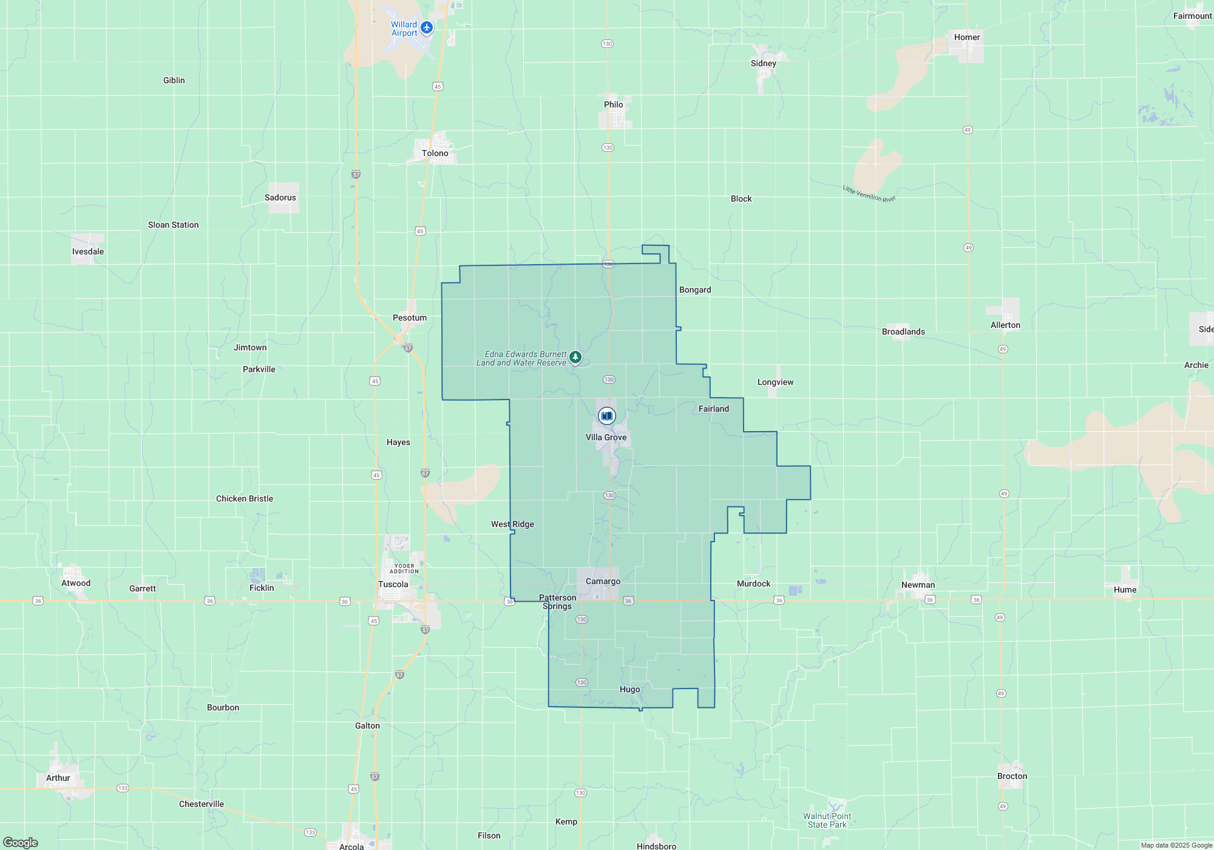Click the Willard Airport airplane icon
(427, 27)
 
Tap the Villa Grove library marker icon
(606, 416)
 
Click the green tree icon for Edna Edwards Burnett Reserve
(575, 357)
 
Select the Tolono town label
(435, 153)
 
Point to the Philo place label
(613, 104)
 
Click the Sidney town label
(763, 63)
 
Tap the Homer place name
(966, 37)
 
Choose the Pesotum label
(410, 318)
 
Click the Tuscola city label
(393, 584)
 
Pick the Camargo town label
(603, 581)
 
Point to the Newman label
(918, 585)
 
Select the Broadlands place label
(903, 331)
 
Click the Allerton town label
(1005, 325)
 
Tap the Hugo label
(629, 689)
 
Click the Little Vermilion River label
(869, 194)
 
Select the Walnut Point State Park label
(827, 820)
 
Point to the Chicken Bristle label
(245, 498)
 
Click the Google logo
(21, 842)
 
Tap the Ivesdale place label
(88, 251)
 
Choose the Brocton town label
(1012, 776)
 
